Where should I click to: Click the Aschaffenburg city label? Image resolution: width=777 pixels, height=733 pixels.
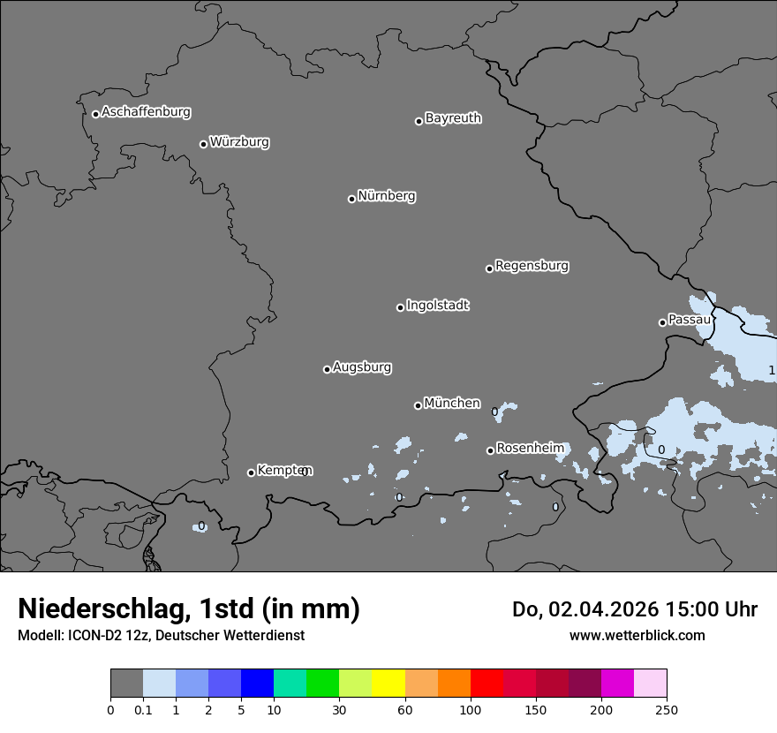pyautogui.click(x=146, y=112)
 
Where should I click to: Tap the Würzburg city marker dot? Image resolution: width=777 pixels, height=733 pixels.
pyautogui.click(x=203, y=144)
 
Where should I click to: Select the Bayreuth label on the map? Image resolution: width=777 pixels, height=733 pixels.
pyautogui.click(x=453, y=118)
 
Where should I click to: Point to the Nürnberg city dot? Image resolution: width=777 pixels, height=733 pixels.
pyautogui.click(x=351, y=199)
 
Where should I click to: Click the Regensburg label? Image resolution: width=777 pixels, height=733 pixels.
pyautogui.click(x=532, y=266)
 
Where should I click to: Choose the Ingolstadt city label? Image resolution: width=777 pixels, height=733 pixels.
pyautogui.click(x=437, y=306)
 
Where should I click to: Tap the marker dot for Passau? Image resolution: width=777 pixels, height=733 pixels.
pyautogui.click(x=662, y=322)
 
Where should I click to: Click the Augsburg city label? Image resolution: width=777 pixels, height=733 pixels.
pyautogui.click(x=362, y=367)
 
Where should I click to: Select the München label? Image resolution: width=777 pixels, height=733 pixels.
pyautogui.click(x=452, y=404)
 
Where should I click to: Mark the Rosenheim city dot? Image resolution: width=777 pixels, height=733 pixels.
pyautogui.click(x=490, y=450)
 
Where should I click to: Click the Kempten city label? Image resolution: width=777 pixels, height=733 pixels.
pyautogui.click(x=284, y=471)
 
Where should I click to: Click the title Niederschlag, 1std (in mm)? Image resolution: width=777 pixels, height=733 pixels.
pyautogui.click(x=189, y=608)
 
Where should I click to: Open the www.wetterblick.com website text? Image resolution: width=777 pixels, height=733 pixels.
pyautogui.click(x=637, y=635)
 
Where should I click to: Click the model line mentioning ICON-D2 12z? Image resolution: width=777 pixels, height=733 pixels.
pyautogui.click(x=161, y=635)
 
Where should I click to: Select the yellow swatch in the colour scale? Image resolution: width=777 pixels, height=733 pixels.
pyautogui.click(x=388, y=684)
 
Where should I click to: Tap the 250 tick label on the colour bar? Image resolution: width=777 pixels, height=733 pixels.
pyautogui.click(x=667, y=709)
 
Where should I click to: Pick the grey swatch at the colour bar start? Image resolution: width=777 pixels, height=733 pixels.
pyautogui.click(x=126, y=684)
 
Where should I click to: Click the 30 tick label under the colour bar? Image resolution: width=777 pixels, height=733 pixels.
pyautogui.click(x=339, y=709)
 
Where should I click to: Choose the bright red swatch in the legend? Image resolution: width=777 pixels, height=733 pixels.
pyautogui.click(x=487, y=684)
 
